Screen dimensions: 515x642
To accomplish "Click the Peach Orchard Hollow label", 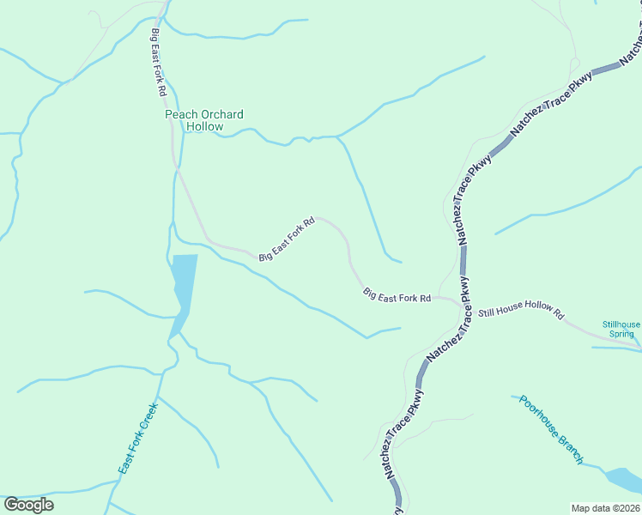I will click(x=204, y=120).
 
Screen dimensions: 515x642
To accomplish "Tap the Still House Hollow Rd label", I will click(x=521, y=313).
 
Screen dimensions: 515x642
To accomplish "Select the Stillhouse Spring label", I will click(x=621, y=329).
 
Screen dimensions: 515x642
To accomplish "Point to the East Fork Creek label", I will click(x=138, y=439).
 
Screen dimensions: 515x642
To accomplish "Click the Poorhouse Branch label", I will click(x=551, y=429).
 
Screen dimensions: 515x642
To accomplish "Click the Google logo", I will click(x=28, y=505).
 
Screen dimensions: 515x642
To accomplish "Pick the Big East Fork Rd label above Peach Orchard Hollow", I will click(x=158, y=63).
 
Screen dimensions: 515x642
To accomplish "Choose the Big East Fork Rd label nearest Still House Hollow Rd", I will click(x=397, y=295).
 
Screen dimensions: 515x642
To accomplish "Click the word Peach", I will click(x=180, y=114).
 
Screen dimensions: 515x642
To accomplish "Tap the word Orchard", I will click(x=221, y=114).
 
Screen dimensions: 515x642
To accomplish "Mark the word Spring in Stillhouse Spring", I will click(x=622, y=334).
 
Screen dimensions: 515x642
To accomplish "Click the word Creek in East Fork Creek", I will click(x=147, y=418).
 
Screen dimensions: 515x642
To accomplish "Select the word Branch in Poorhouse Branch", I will click(x=571, y=450).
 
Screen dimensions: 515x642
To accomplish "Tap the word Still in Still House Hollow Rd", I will click(x=488, y=312).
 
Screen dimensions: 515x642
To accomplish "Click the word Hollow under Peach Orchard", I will click(x=204, y=126).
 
